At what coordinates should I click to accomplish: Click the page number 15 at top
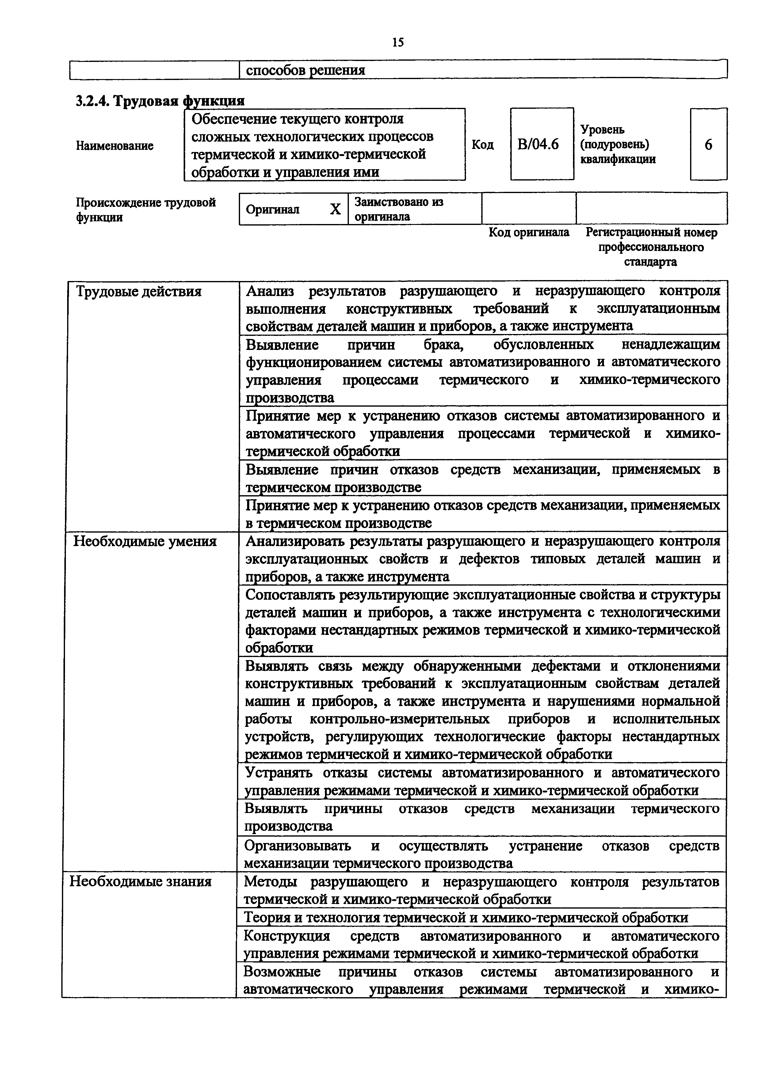tap(398, 43)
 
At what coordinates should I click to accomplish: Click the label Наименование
tap(115, 146)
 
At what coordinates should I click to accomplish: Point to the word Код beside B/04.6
tap(482, 145)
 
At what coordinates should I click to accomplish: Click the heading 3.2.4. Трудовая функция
tap(160, 101)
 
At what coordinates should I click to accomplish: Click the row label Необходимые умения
tap(145, 541)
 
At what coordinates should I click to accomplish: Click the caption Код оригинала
tap(529, 232)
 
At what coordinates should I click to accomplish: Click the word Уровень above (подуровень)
tap(603, 130)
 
